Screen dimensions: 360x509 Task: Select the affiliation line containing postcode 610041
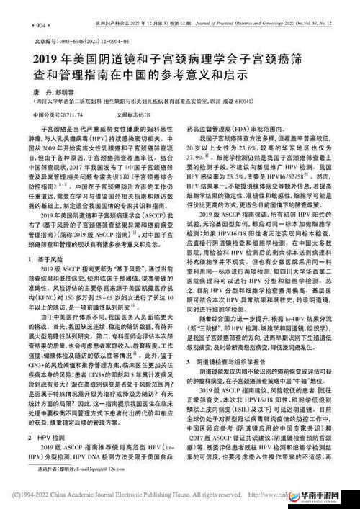tap(108, 104)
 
